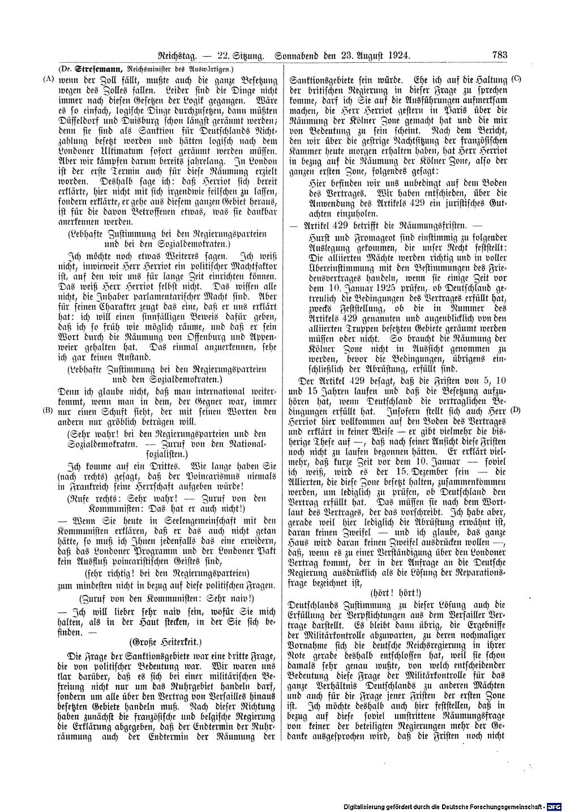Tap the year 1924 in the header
click(398, 55)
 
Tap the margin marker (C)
click(516, 78)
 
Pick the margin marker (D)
click(516, 409)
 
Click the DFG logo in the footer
click(556, 806)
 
